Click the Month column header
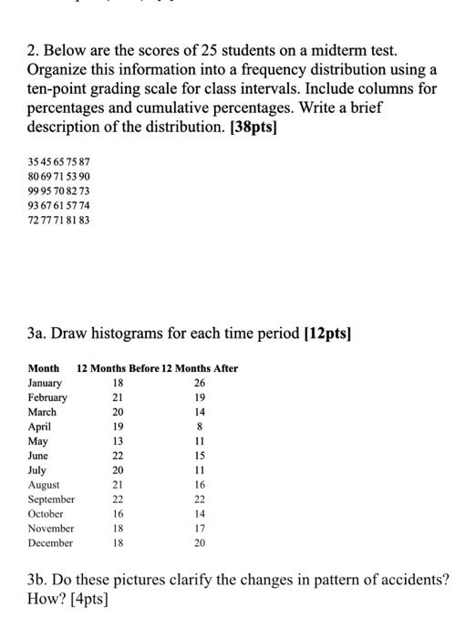[43, 368]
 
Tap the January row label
[46, 383]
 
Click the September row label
[51, 499]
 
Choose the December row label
[50, 543]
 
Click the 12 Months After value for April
[200, 427]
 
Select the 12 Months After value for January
[200, 383]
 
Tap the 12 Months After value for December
[200, 543]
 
